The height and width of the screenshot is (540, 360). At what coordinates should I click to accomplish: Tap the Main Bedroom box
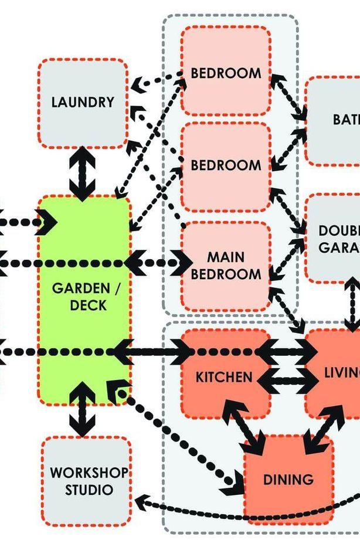pyautogui.click(x=226, y=265)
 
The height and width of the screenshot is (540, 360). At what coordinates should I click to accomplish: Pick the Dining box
pyautogui.click(x=288, y=480)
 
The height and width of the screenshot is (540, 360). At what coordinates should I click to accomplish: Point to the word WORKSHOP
pyautogui.click(x=89, y=473)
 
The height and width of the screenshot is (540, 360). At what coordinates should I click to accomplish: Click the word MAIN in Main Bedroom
pyautogui.click(x=226, y=257)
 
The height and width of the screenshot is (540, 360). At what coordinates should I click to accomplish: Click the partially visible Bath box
pyautogui.click(x=334, y=120)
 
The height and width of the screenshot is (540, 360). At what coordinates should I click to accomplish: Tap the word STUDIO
pyautogui.click(x=89, y=489)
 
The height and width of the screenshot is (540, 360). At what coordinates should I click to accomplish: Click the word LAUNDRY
pyautogui.click(x=83, y=102)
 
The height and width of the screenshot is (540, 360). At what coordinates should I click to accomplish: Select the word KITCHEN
pyautogui.click(x=224, y=376)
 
